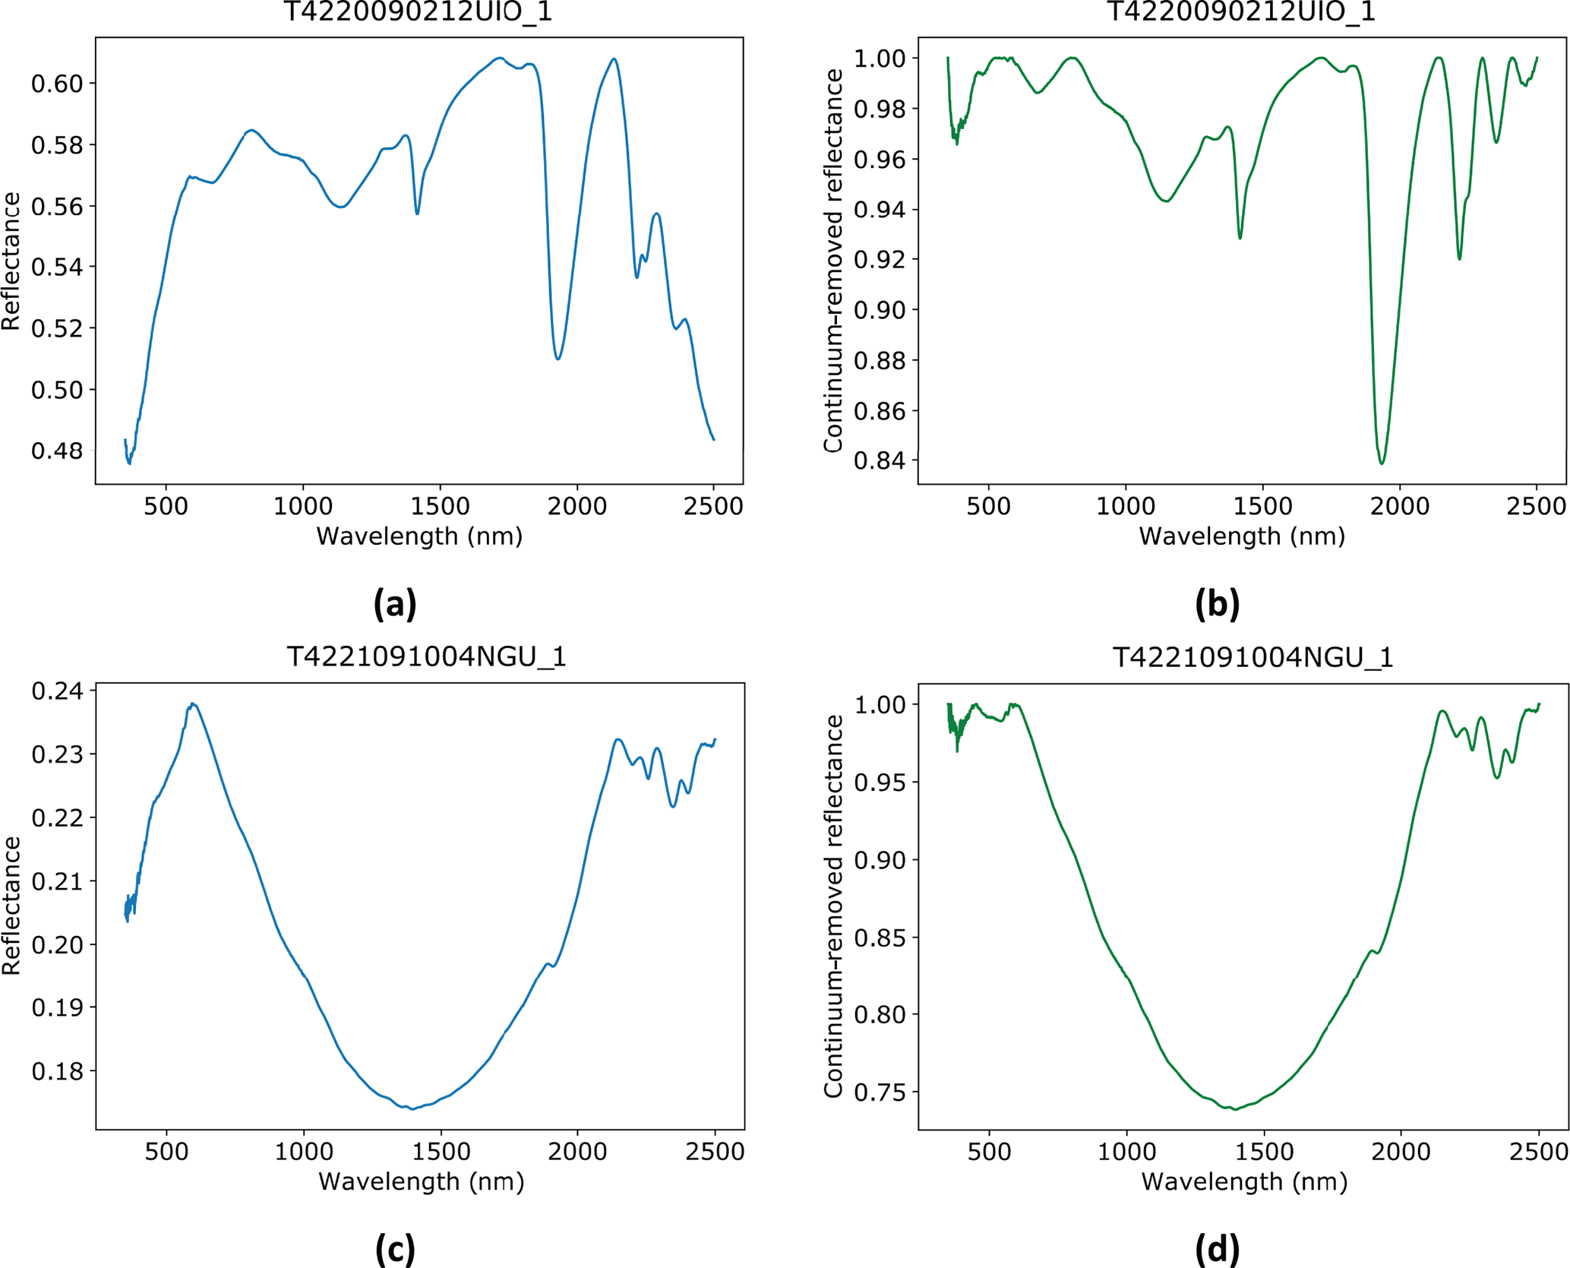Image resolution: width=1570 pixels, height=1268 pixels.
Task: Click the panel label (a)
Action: click(395, 604)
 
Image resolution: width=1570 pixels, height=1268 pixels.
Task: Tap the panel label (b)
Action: click(1217, 604)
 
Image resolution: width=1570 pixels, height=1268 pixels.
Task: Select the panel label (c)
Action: click(395, 1248)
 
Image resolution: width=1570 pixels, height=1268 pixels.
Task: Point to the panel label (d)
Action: click(1217, 1248)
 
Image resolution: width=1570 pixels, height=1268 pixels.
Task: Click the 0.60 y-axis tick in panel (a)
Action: click(56, 84)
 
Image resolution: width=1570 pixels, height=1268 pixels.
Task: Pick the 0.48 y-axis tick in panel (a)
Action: click(56, 451)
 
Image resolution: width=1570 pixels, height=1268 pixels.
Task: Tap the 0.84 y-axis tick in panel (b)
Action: click(880, 460)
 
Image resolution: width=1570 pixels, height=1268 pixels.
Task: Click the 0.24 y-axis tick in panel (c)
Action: click(58, 691)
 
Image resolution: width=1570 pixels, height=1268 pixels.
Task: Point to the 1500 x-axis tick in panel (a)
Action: click(441, 506)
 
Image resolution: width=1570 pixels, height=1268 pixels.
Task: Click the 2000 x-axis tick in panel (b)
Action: click(1401, 506)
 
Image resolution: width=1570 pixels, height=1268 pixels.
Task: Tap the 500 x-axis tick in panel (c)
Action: click(166, 1151)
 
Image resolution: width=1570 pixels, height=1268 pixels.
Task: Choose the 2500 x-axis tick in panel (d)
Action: click(1539, 1151)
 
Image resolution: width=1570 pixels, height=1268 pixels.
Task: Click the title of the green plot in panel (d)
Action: click(1253, 657)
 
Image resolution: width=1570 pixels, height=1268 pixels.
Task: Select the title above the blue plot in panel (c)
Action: click(426, 657)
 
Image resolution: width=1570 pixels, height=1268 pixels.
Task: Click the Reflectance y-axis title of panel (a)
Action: click(11, 261)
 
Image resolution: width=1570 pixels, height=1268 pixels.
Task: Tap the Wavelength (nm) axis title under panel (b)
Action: click(1242, 536)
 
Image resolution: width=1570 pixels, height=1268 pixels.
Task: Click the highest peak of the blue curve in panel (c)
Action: click(194, 704)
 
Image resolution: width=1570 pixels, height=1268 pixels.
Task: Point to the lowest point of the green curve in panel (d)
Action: click(1236, 1109)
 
